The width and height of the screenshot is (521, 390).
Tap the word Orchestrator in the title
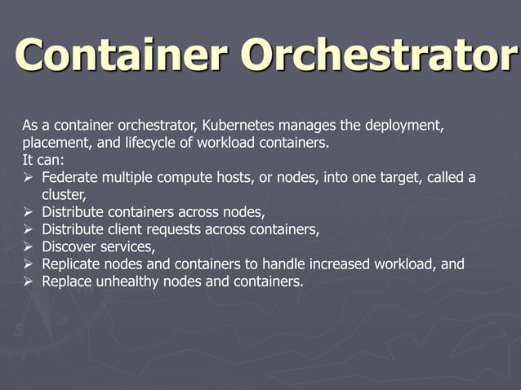click(379, 55)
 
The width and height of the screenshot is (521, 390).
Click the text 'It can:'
click(38, 161)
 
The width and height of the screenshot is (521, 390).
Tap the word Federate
click(73, 178)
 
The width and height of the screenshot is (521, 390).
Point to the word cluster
click(62, 195)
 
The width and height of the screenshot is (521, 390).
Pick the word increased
click(332, 264)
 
